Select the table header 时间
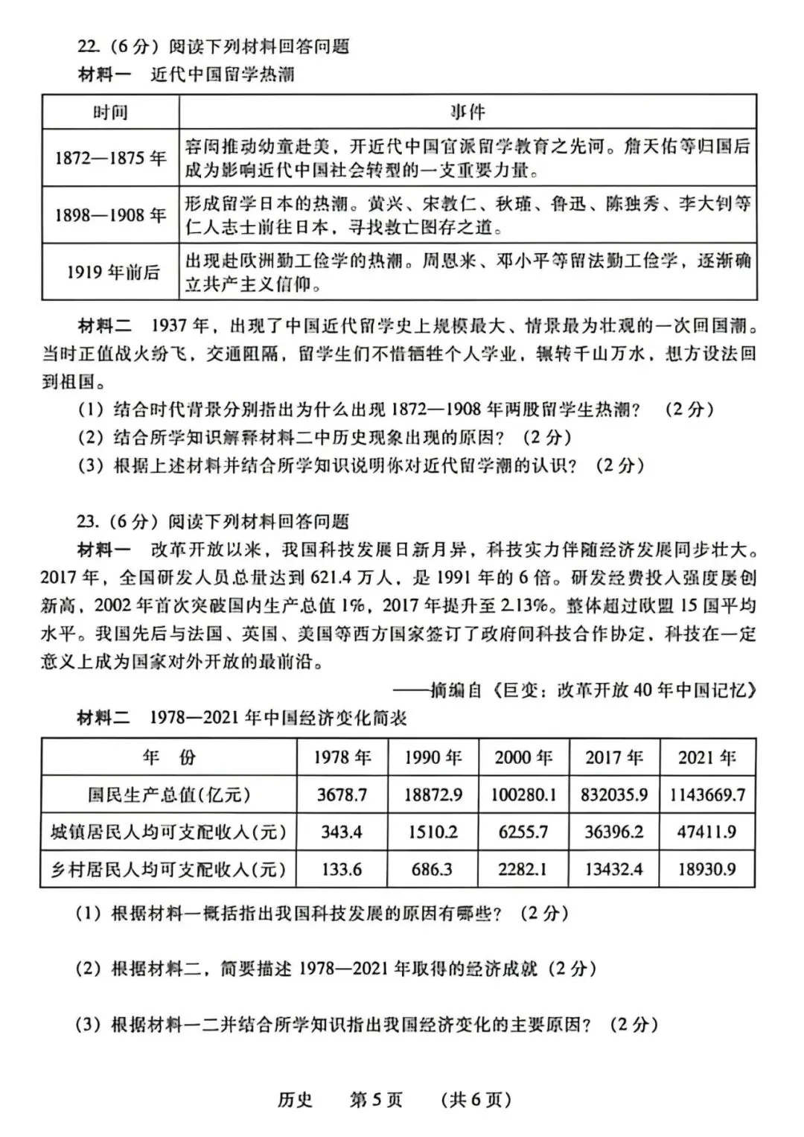coord(110,112)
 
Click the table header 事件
coord(468,112)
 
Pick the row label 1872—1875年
coord(110,158)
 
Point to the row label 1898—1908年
coord(110,215)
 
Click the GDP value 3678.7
coord(342,794)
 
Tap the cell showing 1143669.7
coord(706,794)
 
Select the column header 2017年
coord(614,757)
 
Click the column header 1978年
coord(342,757)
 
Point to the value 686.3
coord(432,869)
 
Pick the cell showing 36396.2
coord(614,832)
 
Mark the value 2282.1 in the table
coord(523,869)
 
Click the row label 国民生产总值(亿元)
coord(169,794)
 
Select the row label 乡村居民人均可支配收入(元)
coord(169,869)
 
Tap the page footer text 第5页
coord(376,1100)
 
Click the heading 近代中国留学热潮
coord(223,74)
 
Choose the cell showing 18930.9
coord(706,869)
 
